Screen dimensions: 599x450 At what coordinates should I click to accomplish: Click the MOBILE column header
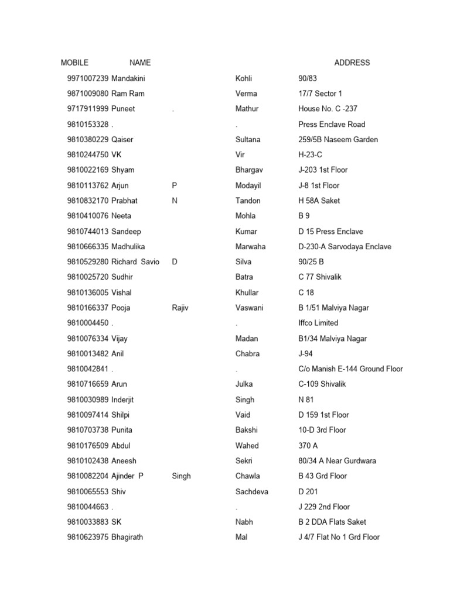74,63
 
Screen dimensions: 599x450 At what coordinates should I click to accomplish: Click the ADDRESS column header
352,63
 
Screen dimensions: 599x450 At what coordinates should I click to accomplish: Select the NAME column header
140,63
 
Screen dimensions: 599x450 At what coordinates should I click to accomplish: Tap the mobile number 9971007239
88,78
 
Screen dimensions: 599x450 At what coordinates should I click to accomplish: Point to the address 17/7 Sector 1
320,94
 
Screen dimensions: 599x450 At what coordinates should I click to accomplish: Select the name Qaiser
123,139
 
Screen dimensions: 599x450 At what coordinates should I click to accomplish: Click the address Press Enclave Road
332,124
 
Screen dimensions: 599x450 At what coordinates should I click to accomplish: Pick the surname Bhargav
249,170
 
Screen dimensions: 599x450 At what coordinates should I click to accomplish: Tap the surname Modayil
248,185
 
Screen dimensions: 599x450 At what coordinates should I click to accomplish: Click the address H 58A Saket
319,201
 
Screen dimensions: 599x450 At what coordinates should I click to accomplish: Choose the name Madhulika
128,246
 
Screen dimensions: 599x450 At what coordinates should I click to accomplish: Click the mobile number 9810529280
88,261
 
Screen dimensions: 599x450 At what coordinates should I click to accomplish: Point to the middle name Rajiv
180,308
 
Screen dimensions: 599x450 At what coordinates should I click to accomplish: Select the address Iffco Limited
318,323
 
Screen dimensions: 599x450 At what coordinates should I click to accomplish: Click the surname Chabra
247,353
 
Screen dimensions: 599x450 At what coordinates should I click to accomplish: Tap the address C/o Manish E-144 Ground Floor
350,369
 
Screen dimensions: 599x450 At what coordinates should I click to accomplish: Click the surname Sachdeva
252,491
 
